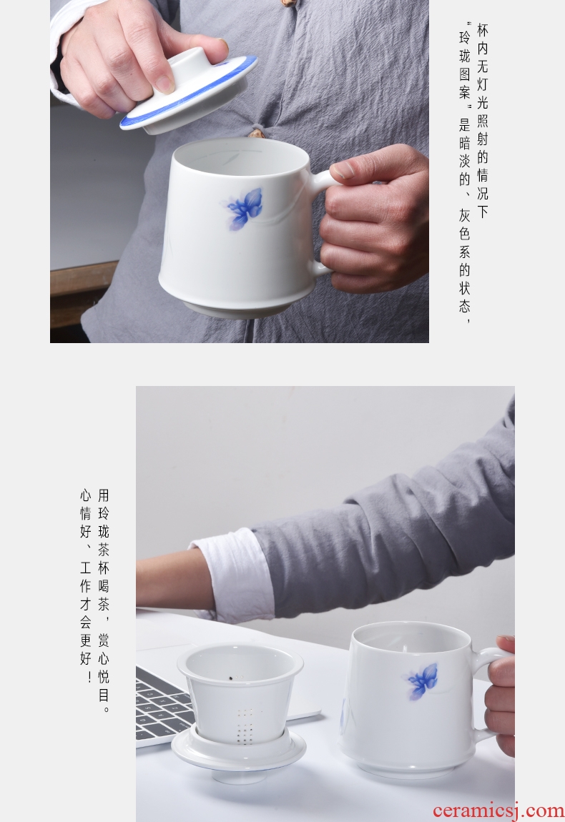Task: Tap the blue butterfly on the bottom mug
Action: (422, 681)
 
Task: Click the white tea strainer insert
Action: (240, 692)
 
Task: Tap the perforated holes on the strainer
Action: (245, 725)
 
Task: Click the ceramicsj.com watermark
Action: (498, 811)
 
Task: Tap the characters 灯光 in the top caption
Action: (482, 94)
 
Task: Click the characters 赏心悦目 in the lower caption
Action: (104, 668)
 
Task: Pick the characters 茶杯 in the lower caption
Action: (104, 559)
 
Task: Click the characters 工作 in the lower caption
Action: (86, 577)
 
